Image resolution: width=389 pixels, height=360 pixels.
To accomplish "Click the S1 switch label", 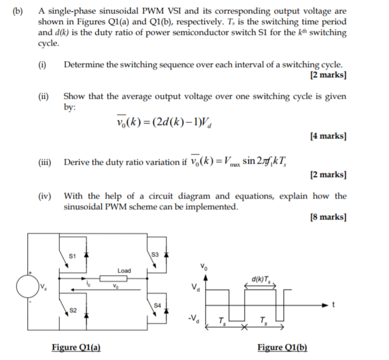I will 72,255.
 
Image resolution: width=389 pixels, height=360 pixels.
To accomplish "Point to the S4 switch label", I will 158,304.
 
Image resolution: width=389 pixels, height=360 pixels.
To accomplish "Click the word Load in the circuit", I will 124,270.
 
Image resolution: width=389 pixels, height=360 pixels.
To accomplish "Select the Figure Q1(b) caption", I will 283,347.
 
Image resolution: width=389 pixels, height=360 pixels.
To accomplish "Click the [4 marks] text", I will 328,136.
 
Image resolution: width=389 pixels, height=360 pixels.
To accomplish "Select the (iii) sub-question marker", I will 45,162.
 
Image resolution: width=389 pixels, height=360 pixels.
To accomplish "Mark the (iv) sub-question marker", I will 45,197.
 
